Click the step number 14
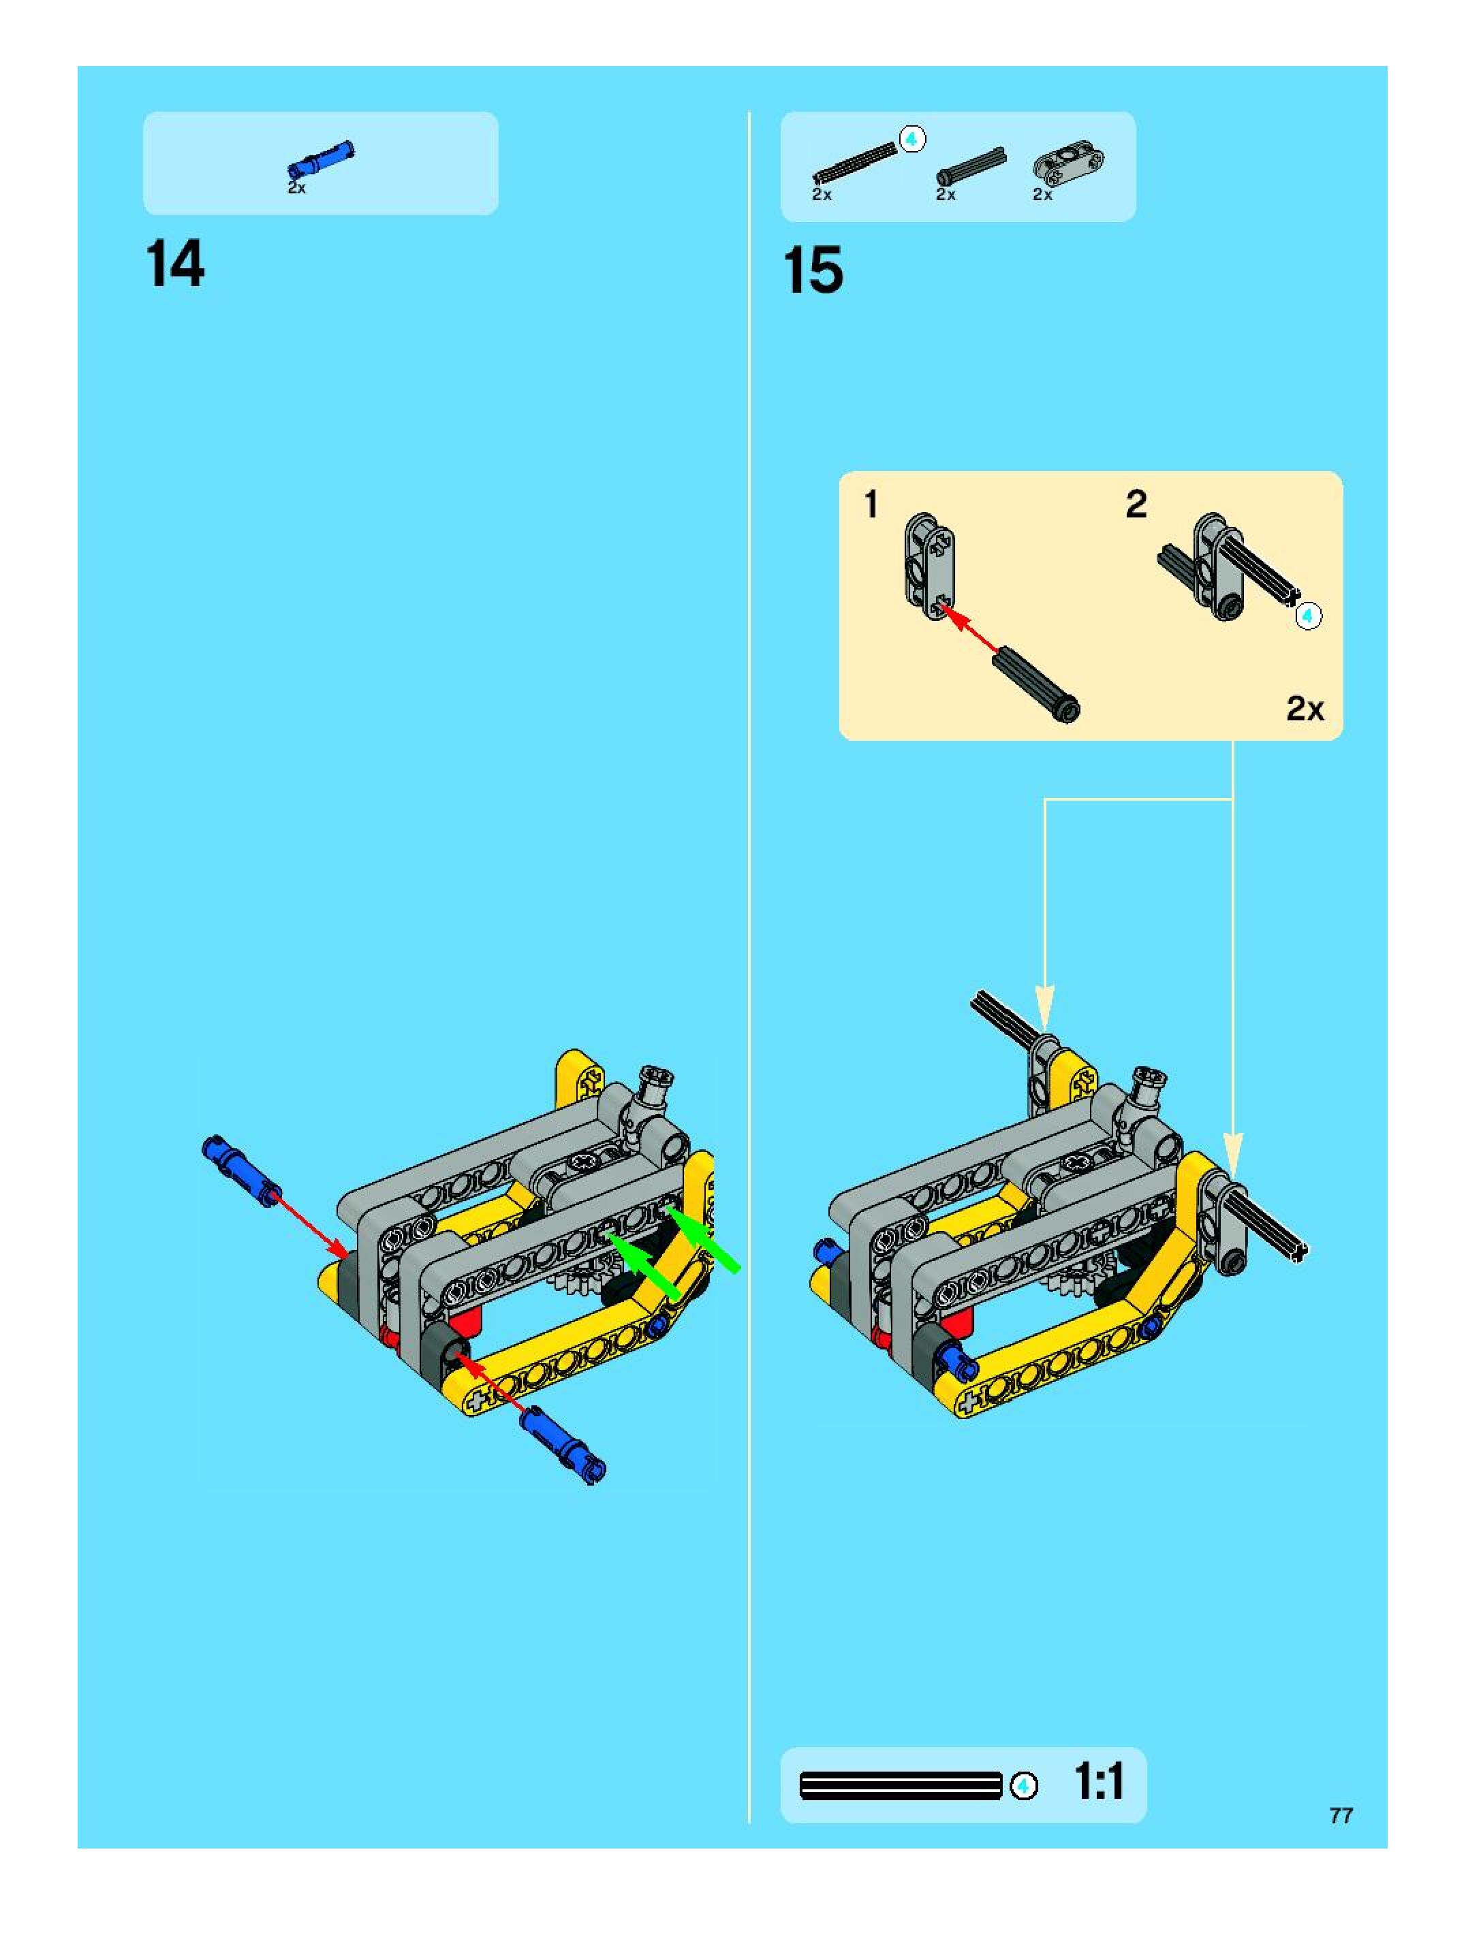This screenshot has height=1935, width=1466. pos(176,263)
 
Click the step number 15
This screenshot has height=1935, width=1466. pos(814,270)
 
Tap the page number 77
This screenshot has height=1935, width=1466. pos(1341,1815)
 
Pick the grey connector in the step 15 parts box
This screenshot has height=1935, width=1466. pos(1067,165)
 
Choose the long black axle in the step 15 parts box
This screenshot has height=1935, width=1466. pos(855,162)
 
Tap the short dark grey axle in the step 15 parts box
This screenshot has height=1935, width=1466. pos(971,166)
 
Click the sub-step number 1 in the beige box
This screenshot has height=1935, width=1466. pos(871,504)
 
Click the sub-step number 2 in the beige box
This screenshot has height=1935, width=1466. pos(1136,503)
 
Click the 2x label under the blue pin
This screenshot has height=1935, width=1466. pos(297,187)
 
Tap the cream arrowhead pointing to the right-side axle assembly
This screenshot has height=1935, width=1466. pos(1232,1154)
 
